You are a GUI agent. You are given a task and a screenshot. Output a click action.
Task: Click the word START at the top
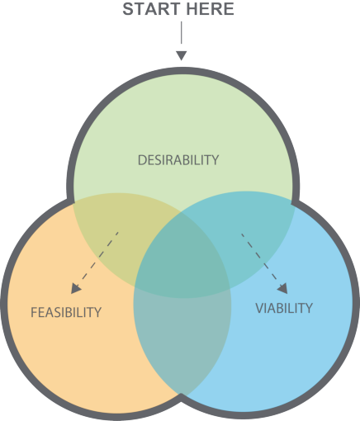(x=150, y=10)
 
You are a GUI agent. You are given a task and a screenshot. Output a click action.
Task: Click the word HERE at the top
(x=208, y=10)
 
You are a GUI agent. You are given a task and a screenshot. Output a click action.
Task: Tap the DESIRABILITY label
(x=178, y=160)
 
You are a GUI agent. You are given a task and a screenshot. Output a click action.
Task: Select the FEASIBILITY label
(x=66, y=312)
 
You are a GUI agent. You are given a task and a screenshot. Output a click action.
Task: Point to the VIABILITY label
(x=284, y=308)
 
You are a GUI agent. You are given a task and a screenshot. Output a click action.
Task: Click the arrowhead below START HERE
(x=182, y=55)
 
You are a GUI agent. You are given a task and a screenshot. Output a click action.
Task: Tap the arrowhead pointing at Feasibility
(x=76, y=288)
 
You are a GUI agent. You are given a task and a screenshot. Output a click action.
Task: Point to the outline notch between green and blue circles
(x=293, y=199)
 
